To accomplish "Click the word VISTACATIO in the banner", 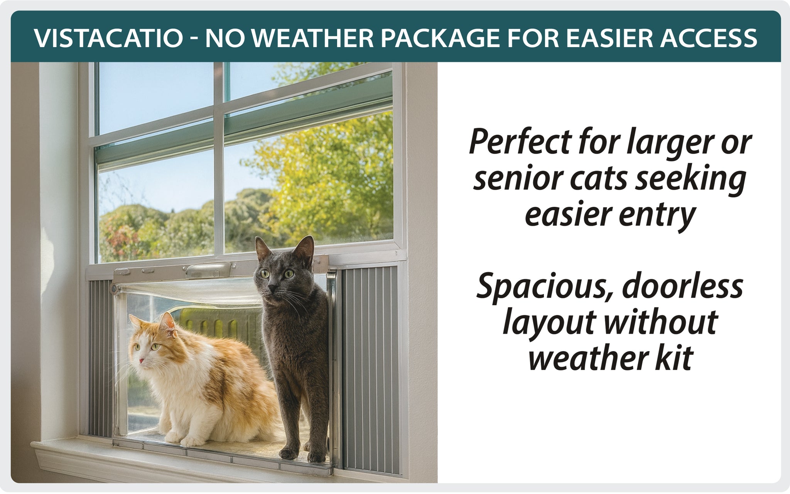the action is (108, 38).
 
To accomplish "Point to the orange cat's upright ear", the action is (167, 323).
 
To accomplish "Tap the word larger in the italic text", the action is (677, 143).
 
